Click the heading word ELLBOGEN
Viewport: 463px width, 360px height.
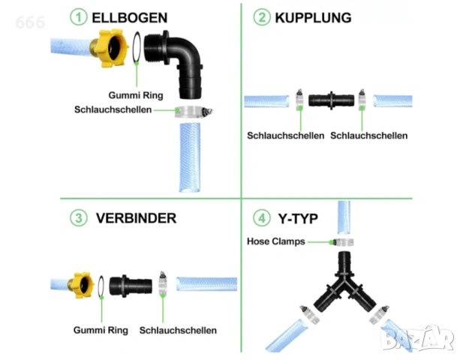[x=130, y=18]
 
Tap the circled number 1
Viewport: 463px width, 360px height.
[x=78, y=16]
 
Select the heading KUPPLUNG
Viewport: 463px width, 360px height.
[x=313, y=18]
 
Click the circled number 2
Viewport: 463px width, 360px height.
[x=262, y=16]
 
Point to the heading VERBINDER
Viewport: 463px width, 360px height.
[x=136, y=218]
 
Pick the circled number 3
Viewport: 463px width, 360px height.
[x=78, y=218]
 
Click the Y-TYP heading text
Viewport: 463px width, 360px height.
[x=298, y=219]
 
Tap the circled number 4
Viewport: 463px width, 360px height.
[x=262, y=218]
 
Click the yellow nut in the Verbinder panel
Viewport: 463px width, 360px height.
[x=82, y=285]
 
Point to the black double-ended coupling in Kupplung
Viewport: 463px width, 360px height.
[x=331, y=100]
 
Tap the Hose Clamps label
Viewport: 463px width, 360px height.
[x=276, y=241]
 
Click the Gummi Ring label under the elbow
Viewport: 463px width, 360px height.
[x=136, y=95]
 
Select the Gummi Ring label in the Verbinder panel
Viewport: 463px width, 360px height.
[x=101, y=330]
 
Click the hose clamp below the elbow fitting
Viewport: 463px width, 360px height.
[x=194, y=112]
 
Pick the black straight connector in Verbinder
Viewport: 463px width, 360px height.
[x=131, y=285]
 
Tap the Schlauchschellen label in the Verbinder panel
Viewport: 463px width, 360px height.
[x=178, y=330]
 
